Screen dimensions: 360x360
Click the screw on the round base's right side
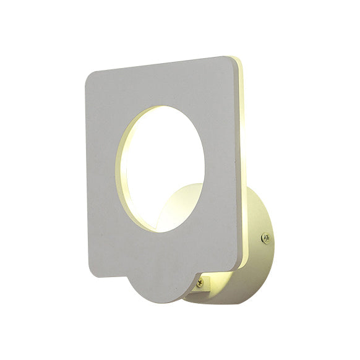point(265,237)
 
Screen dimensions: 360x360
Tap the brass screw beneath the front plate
point(199,283)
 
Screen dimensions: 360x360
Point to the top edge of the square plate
point(161,64)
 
